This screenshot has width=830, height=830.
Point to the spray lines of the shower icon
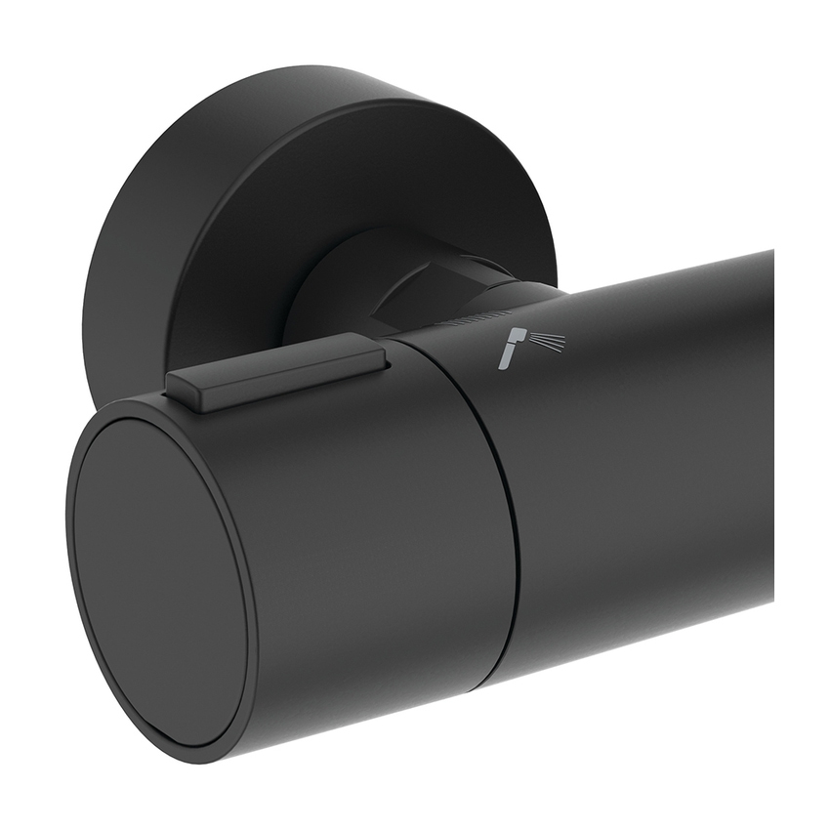(548, 343)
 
